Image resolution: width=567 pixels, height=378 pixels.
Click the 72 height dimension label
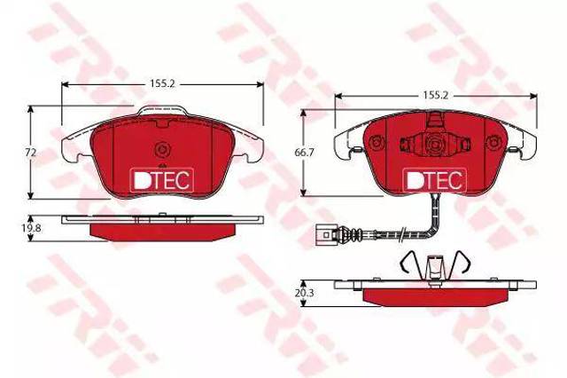tap(32, 153)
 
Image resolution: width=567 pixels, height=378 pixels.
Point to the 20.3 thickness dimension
tap(304, 293)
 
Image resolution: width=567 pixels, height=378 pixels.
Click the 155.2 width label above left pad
tap(162, 83)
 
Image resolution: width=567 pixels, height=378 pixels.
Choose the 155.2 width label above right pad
tap(436, 95)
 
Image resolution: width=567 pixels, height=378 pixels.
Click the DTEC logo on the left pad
tap(161, 179)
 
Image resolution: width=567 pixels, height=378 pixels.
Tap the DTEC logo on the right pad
tap(435, 180)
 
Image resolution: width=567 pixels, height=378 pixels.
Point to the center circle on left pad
tap(162, 149)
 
